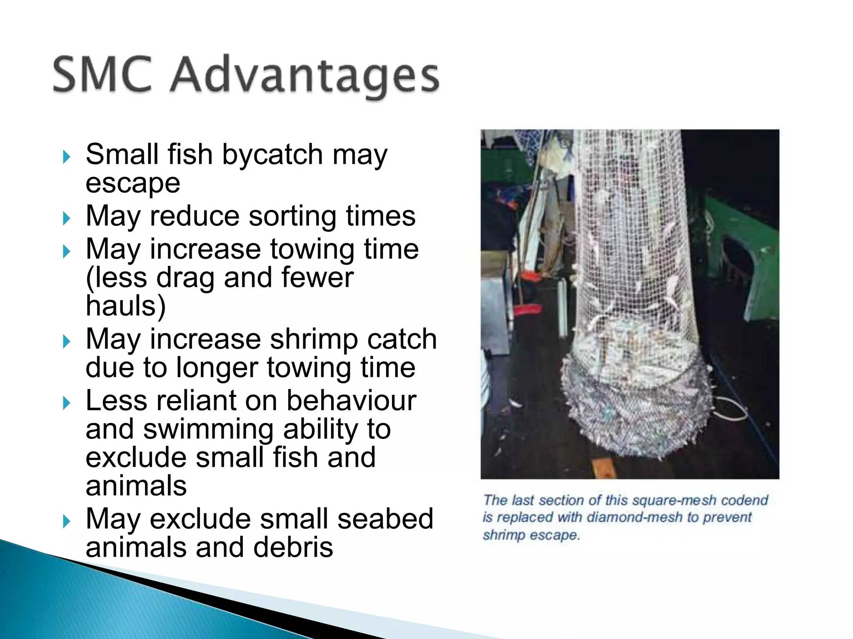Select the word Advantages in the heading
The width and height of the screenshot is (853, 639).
pos(305,77)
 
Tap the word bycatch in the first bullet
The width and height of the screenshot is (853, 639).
pos(272,155)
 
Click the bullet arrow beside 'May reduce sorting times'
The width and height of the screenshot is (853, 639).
pos(67,218)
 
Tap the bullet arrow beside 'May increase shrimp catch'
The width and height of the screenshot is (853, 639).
pos(67,342)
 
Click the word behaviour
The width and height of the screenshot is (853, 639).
pos(351,401)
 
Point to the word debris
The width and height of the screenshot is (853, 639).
pos(293,547)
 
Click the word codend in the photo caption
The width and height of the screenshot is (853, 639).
pos(744,500)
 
